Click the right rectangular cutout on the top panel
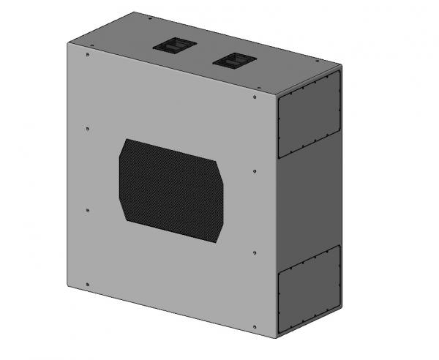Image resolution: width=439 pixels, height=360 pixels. (233, 60)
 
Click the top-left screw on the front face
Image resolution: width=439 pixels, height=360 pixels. (88, 54)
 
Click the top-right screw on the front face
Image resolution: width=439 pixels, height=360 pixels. (254, 96)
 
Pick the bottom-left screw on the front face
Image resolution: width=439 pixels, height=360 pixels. (88, 284)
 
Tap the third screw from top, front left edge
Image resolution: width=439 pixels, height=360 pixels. (88, 210)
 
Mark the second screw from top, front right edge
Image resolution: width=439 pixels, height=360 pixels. (254, 172)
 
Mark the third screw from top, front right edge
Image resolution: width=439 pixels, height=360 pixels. (254, 253)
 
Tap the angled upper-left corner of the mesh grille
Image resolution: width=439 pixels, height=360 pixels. (125, 146)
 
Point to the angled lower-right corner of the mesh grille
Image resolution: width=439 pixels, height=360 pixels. (217, 233)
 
